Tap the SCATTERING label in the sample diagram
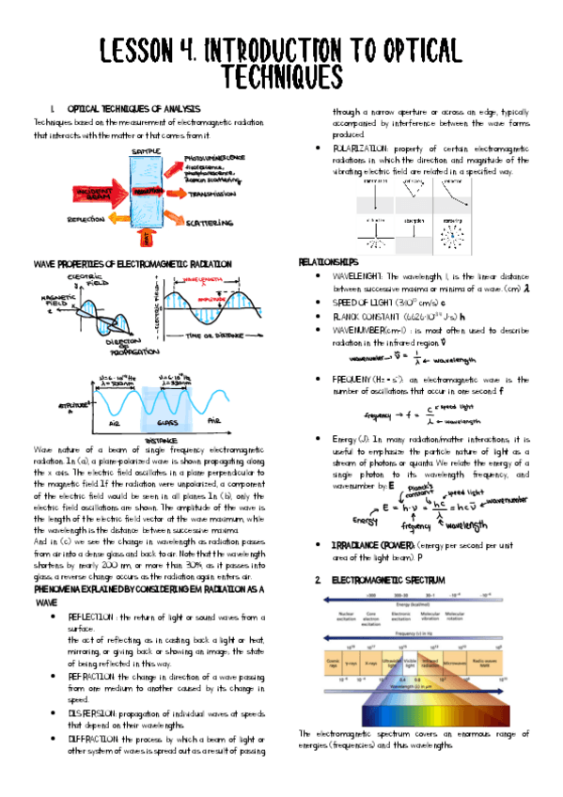(x=210, y=222)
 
